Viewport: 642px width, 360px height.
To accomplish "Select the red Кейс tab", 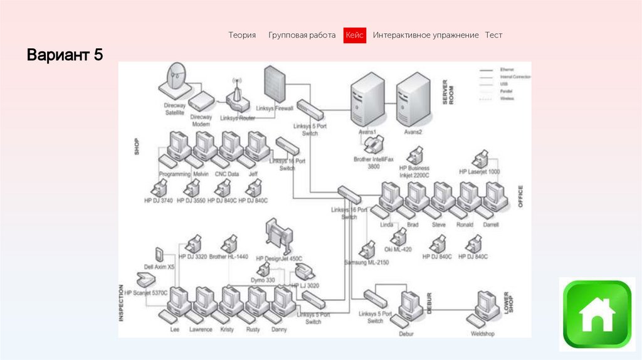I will pyautogui.click(x=354, y=36).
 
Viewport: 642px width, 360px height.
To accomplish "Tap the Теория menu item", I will pyautogui.click(x=242, y=36).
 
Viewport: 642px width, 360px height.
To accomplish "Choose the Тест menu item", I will pyautogui.click(x=493, y=36).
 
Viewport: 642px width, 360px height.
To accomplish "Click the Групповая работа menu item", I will pyautogui.click(x=302, y=36).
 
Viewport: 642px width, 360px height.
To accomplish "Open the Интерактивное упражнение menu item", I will pyautogui.click(x=426, y=36).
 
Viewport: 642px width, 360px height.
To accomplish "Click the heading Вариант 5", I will pyautogui.click(x=64, y=55).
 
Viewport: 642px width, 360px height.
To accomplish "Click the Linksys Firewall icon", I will pyautogui.click(x=274, y=85).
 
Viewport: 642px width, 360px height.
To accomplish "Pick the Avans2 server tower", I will pyautogui.click(x=413, y=99).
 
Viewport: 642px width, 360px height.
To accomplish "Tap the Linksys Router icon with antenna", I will pyautogui.click(x=238, y=97).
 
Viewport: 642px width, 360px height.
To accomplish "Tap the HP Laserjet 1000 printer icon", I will pyautogui.click(x=481, y=159).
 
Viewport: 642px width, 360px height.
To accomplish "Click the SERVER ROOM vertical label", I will pyautogui.click(x=448, y=92).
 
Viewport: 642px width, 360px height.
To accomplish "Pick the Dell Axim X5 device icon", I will pyautogui.click(x=159, y=255).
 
